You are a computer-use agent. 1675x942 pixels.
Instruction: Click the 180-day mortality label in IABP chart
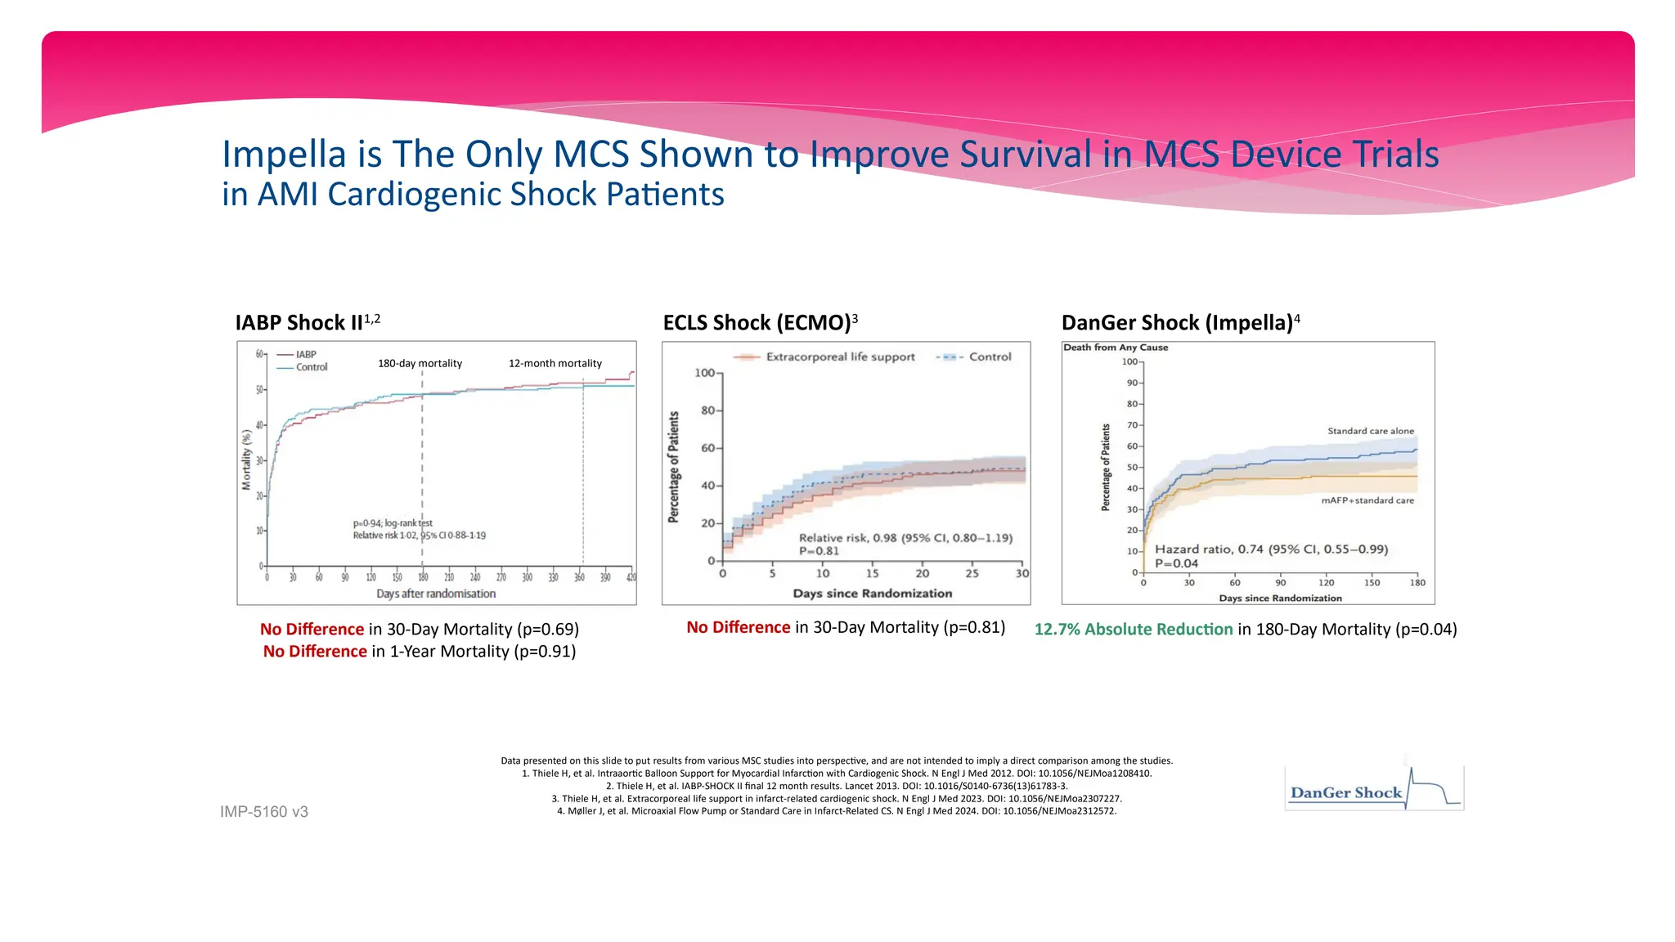[420, 363]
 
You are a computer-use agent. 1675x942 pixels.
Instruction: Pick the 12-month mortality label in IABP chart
[555, 363]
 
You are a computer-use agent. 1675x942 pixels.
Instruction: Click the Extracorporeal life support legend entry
[840, 357]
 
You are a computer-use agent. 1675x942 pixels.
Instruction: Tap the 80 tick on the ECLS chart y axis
[707, 410]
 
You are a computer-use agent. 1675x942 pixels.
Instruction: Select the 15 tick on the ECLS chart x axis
[873, 573]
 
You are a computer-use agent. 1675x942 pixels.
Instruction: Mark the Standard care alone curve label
[1370, 431]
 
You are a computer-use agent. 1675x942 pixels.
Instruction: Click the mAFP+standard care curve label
[1367, 500]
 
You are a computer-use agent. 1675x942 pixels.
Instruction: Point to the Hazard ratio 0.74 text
[1271, 549]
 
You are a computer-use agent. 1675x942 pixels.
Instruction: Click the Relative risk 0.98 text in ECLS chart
[905, 538]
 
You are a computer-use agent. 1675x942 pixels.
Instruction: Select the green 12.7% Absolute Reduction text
[1133, 630]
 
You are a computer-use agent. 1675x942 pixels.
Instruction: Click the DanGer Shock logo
[1373, 789]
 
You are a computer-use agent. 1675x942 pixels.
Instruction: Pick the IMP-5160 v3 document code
[264, 812]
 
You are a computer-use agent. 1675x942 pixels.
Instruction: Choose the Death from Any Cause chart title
[1116, 348]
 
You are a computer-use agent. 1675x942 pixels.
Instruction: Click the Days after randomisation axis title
[436, 594]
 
